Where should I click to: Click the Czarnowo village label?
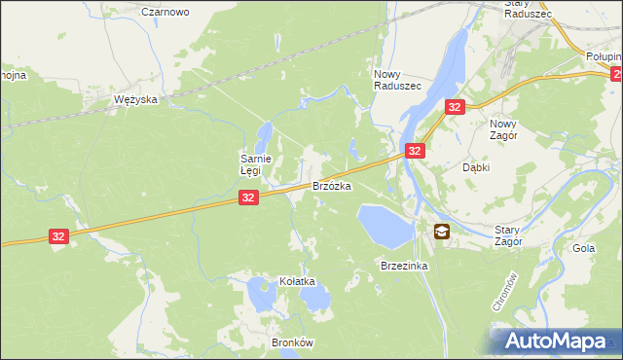click(165, 12)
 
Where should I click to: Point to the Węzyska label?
click(135, 100)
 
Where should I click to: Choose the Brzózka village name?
click(331, 185)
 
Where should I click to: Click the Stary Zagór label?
click(508, 234)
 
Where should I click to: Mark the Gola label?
click(583, 249)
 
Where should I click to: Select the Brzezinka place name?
click(405, 266)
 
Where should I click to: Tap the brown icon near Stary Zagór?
click(441, 231)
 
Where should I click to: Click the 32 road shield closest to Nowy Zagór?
click(454, 107)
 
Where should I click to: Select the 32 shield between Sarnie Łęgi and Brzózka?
click(248, 198)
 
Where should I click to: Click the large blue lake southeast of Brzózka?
click(384, 225)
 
